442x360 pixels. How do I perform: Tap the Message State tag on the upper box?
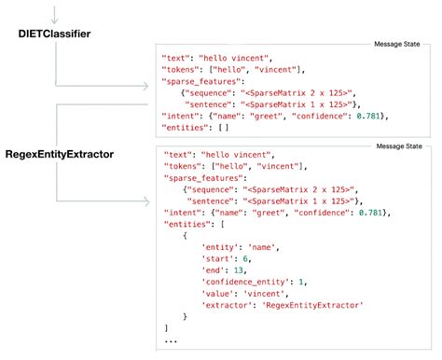[397, 42]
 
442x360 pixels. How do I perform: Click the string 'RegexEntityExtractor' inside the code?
[312, 305]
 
